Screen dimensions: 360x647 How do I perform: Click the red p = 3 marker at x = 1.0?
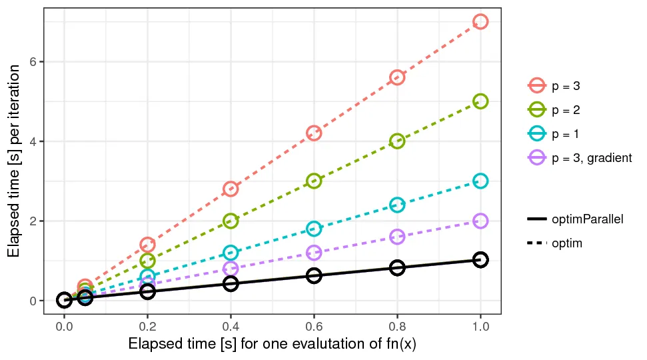pyautogui.click(x=480, y=21)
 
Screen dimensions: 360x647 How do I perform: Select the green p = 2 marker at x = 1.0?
pyautogui.click(x=480, y=101)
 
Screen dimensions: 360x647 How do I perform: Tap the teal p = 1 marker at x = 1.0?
pyautogui.click(x=480, y=181)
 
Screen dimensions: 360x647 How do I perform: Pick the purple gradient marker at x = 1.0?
pyautogui.click(x=480, y=221)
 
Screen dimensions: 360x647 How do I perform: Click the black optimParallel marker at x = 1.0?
pyautogui.click(x=480, y=259)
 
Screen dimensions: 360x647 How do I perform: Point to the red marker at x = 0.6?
pyautogui.click(x=314, y=133)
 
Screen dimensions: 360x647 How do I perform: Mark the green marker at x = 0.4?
pyautogui.click(x=231, y=221)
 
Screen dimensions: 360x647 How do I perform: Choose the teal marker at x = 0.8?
pyautogui.click(x=397, y=205)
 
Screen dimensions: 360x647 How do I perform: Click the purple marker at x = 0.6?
pyautogui.click(x=314, y=253)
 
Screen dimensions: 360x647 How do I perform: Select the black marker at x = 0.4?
pyautogui.click(x=231, y=283)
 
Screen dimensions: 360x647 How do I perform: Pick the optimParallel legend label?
pyautogui.click(x=587, y=219)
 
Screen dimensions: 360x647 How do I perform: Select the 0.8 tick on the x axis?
pyautogui.click(x=397, y=327)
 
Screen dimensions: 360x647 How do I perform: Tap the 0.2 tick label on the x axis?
pyautogui.click(x=147, y=327)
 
